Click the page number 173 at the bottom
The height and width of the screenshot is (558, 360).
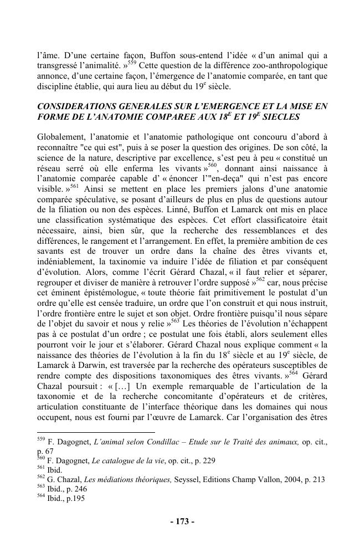click(x=180, y=521)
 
